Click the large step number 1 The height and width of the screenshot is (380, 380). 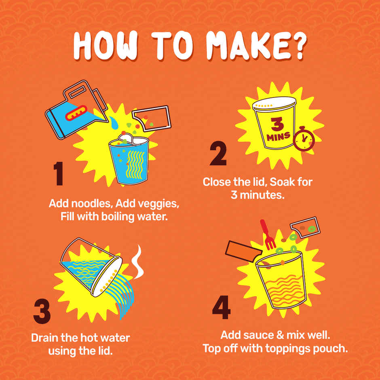click(x=58, y=173)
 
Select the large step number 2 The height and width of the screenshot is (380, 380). click(x=218, y=153)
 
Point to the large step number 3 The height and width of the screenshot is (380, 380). click(x=42, y=311)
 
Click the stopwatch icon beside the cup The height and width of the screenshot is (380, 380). click(x=304, y=139)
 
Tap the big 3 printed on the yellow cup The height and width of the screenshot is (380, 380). click(x=277, y=124)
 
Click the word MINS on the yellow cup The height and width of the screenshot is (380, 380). click(x=279, y=137)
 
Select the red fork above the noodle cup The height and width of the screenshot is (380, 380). click(x=267, y=234)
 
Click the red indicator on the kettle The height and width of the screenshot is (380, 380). click(x=76, y=113)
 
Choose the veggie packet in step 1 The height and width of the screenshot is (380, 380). click(x=152, y=118)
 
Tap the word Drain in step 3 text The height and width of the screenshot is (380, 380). click(x=44, y=338)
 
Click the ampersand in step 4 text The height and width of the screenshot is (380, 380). click(x=280, y=335)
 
